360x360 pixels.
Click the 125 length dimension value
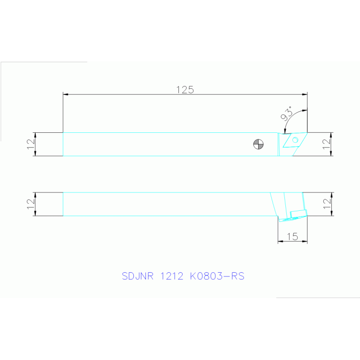[x=185, y=90]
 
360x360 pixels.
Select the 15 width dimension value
[x=292, y=237]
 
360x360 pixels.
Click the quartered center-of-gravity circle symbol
[x=258, y=144]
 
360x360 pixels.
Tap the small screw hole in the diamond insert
[x=296, y=140]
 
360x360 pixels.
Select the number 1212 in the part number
[x=172, y=276]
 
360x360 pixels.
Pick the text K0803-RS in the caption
[x=217, y=276]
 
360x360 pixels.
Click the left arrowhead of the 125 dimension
[x=66, y=95]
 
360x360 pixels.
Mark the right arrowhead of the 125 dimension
[x=305, y=95]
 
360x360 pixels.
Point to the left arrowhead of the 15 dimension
[x=280, y=242]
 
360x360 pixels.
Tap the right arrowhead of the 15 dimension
[x=305, y=242]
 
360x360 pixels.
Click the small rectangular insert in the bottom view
[x=298, y=214]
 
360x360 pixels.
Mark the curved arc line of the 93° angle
[x=290, y=119]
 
